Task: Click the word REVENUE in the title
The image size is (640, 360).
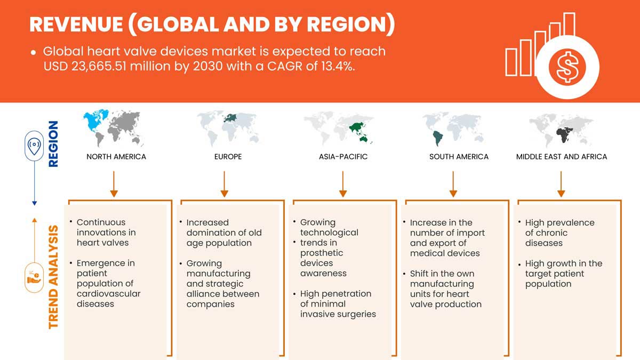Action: pos(76,25)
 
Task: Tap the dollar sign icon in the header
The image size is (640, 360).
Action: pos(567,67)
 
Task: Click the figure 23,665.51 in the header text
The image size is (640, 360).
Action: pos(99,66)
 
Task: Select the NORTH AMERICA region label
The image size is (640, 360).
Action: pos(116,157)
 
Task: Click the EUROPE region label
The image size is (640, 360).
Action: pos(228,157)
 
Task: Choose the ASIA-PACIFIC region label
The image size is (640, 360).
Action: pos(343,157)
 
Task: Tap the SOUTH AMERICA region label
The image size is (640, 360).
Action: pos(459,157)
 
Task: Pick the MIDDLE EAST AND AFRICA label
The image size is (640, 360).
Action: pos(562,157)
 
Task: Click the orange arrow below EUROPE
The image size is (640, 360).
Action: pos(225,184)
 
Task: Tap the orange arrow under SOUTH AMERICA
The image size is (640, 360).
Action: pos(453,184)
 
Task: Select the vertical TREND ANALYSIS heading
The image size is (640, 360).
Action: pos(53,277)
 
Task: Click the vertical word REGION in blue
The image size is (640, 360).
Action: pos(53,143)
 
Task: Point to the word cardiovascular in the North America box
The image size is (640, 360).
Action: pos(109,294)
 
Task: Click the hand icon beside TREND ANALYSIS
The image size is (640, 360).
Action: pos(34,278)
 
